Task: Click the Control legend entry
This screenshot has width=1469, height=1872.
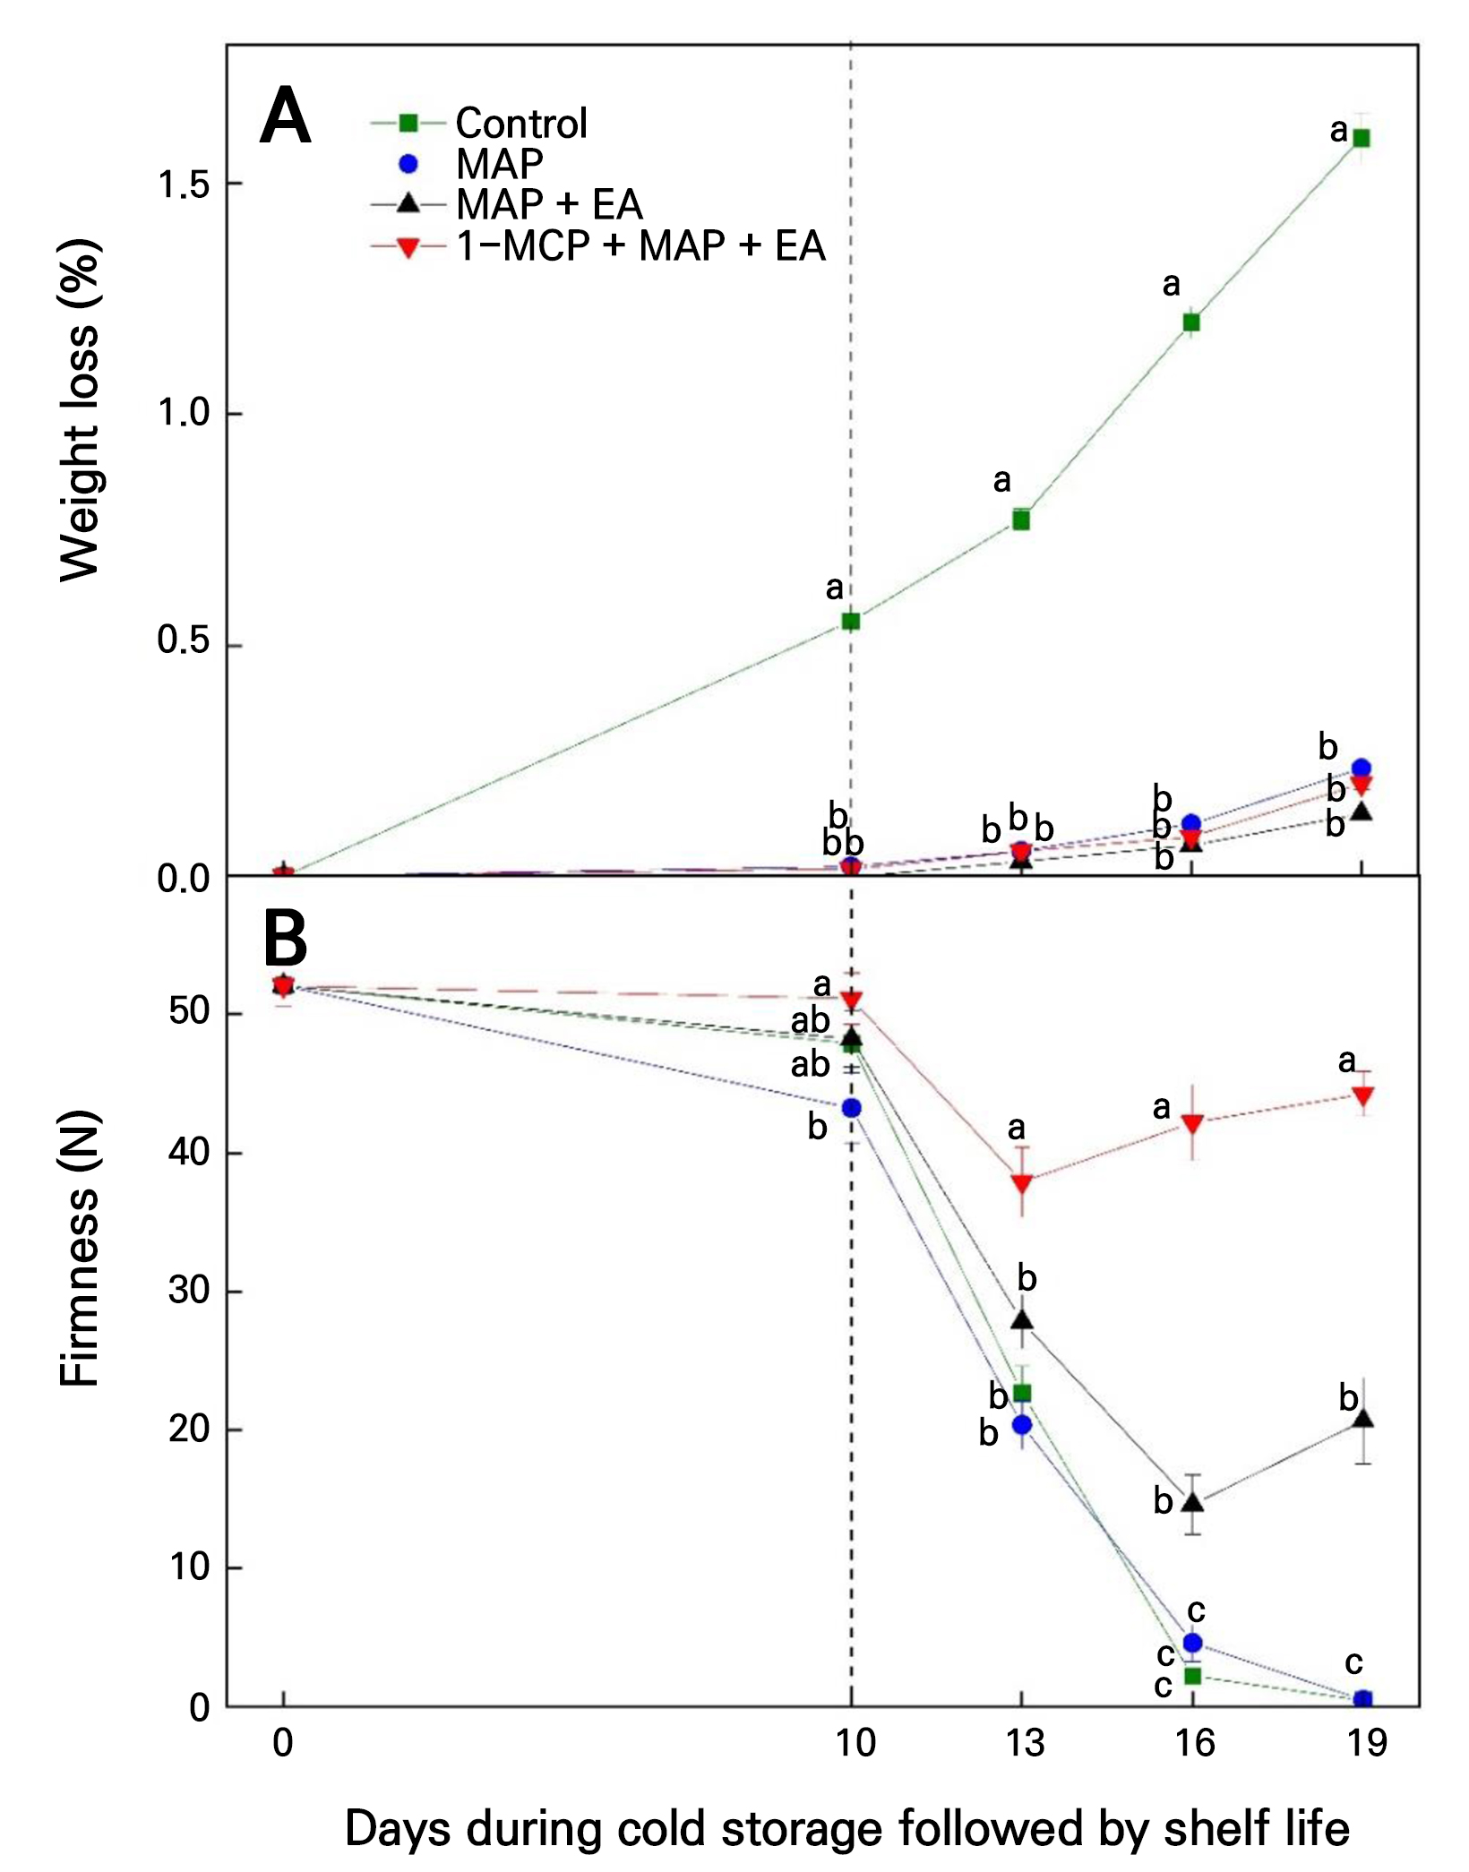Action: [x=479, y=123]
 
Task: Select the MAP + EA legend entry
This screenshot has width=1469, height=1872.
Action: [x=507, y=204]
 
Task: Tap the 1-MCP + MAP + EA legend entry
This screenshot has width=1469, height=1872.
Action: [x=598, y=246]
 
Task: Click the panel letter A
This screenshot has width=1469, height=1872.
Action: [x=286, y=116]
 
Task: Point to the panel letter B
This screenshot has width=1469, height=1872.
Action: [x=285, y=939]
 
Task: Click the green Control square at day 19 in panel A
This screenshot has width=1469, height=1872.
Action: [x=1362, y=138]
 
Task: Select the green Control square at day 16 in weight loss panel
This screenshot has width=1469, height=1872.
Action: [x=1191, y=322]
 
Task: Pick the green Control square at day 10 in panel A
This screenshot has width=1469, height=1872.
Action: [x=851, y=621]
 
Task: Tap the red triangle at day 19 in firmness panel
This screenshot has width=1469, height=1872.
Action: [x=1362, y=1096]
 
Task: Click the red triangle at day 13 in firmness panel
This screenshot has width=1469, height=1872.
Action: [x=1022, y=1183]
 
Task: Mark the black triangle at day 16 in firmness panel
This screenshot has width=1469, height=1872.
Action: [x=1192, y=1502]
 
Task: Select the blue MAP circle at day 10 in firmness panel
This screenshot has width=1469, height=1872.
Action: [x=852, y=1108]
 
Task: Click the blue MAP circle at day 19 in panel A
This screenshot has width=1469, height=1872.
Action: [x=1362, y=768]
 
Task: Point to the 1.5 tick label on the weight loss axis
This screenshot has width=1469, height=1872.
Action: [x=184, y=185]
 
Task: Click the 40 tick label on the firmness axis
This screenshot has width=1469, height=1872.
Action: [x=189, y=1152]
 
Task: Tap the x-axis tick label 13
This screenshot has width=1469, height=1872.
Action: [x=1024, y=1742]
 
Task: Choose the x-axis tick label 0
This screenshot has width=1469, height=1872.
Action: [x=283, y=1742]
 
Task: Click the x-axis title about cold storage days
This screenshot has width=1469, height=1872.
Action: [x=847, y=1829]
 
